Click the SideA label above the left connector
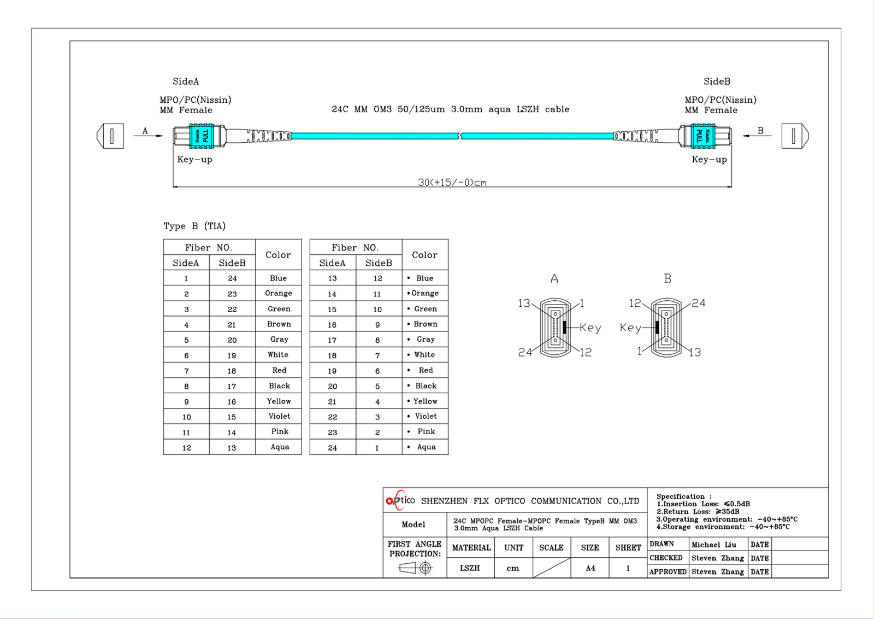186,81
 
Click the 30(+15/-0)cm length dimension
452,182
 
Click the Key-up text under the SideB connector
709,160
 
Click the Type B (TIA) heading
194,226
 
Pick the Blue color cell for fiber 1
278,278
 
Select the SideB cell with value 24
232,278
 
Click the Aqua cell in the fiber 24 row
426,447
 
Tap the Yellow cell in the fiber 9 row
279,401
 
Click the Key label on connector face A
590,328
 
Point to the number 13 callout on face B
694,352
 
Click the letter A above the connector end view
554,279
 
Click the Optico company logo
400,500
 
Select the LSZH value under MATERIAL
470,568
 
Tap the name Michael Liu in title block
713,545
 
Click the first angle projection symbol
415,568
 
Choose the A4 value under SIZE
590,568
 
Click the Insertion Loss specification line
704,504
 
